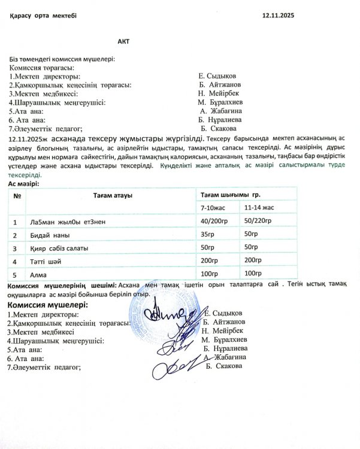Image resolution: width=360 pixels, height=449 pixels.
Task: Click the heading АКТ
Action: coord(124,42)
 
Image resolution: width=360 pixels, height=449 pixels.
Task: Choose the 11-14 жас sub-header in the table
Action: coord(259,208)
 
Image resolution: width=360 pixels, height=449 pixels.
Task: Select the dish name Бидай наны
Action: coord(46,235)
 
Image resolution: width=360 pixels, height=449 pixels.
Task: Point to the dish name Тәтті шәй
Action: coord(44,262)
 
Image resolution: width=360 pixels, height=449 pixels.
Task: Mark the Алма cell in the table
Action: coord(38,275)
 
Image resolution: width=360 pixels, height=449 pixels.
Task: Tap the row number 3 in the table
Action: coord(15,248)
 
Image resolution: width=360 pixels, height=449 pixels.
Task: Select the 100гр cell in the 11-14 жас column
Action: coord(254,274)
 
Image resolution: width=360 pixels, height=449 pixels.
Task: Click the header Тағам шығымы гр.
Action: coord(230,195)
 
